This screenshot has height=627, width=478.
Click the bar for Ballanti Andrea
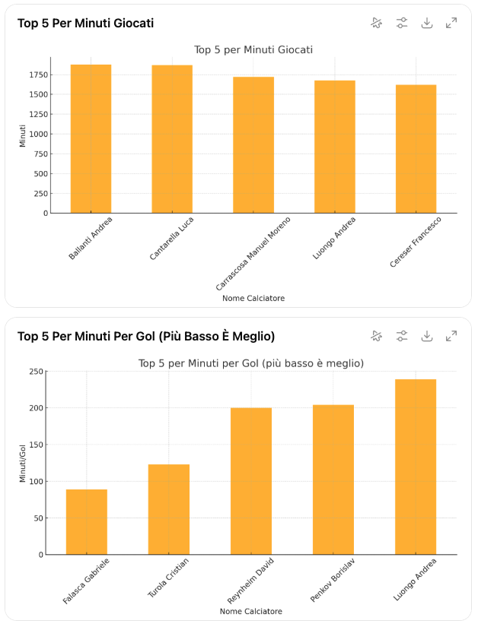tap(91, 138)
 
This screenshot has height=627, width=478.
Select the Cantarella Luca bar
tap(172, 139)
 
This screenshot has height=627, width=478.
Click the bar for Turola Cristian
tap(169, 509)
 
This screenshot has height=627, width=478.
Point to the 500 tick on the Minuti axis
tap(40, 174)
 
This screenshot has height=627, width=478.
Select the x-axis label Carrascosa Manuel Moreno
tap(253, 253)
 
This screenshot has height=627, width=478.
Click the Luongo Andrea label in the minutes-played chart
tap(335, 238)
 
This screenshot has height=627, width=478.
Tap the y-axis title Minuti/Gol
tap(23, 463)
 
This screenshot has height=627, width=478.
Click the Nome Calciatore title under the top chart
tap(253, 299)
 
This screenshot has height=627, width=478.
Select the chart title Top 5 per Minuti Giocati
tap(253, 50)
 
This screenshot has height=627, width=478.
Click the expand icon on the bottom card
tap(451, 336)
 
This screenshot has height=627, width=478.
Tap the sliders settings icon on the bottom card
tap(403, 336)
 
